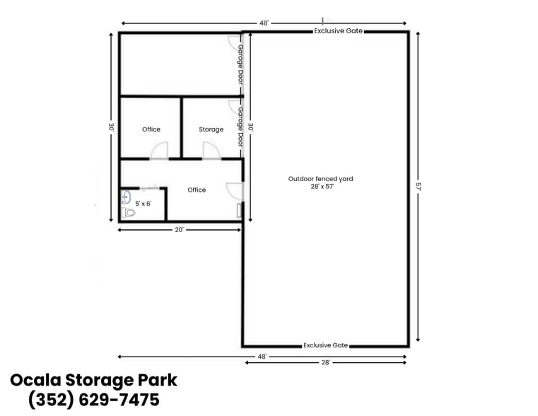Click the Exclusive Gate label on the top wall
click(x=339, y=31)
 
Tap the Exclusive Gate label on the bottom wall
click(x=325, y=345)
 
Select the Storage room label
click(x=211, y=129)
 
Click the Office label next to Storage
click(x=151, y=129)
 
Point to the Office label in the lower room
click(x=197, y=190)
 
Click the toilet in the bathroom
click(x=128, y=212)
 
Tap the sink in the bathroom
click(x=126, y=197)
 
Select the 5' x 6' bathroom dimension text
click(x=144, y=204)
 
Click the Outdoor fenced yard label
click(x=320, y=183)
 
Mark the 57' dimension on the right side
click(x=418, y=187)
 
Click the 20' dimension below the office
click(x=180, y=229)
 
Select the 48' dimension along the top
click(x=264, y=23)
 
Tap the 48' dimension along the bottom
click(x=262, y=357)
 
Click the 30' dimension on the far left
click(x=111, y=127)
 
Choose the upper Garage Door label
click(x=240, y=64)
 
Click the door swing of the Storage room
click(x=211, y=151)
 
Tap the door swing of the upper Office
click(x=159, y=151)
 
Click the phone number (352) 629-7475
click(x=93, y=400)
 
